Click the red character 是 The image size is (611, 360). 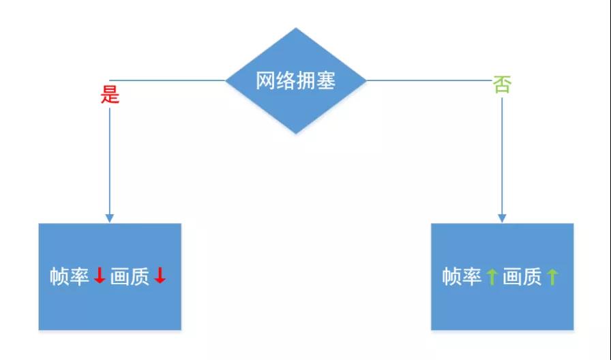coord(110,95)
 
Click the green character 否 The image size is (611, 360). coord(502,85)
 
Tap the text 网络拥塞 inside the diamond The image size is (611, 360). coord(296,80)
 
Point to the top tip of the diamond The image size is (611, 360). coord(296,28)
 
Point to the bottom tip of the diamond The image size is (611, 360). coord(296,134)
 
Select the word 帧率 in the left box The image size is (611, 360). coord(70,277)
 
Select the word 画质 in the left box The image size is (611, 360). coord(130,277)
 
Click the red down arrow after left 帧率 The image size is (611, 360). coord(100,275)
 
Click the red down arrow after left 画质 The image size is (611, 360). coord(160,275)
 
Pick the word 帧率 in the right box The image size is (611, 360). coord(462,277)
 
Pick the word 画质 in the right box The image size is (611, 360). coord(522,277)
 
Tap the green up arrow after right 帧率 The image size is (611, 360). coord(492,277)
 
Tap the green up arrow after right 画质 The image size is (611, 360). coord(552,277)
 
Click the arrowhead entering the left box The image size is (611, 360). coord(110,219)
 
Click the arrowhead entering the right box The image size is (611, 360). coord(502,219)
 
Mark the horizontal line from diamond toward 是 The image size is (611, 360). coord(168,80)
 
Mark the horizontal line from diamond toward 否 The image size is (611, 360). coord(430,80)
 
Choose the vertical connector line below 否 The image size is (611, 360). coord(502,160)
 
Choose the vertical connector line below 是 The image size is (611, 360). coord(110,165)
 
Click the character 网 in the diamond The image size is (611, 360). coord(265,80)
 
